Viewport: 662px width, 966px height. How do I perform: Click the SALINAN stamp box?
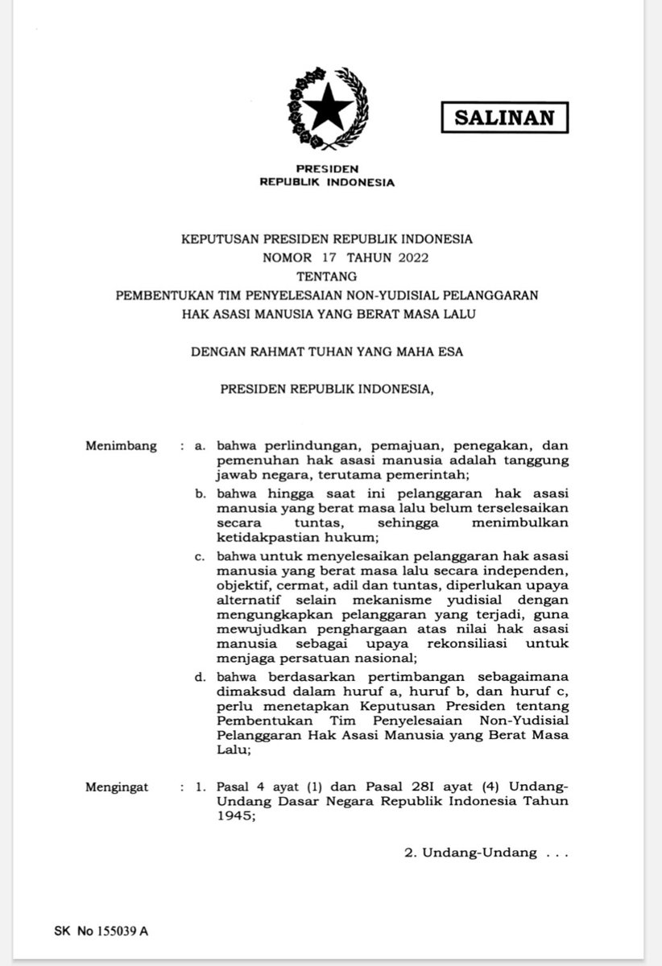pyautogui.click(x=504, y=118)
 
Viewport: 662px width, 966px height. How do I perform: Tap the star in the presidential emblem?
pyautogui.click(x=326, y=107)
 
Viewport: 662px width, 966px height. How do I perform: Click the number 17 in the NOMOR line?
pyautogui.click(x=329, y=258)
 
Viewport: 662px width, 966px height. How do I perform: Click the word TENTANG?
pyautogui.click(x=326, y=276)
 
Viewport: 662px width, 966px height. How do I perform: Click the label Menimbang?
pyautogui.click(x=121, y=447)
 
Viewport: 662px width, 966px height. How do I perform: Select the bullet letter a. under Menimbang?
pyautogui.click(x=201, y=447)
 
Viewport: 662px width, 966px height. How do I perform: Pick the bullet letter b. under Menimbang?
pyautogui.click(x=201, y=493)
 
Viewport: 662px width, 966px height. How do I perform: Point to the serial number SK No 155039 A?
pyautogui.click(x=101, y=931)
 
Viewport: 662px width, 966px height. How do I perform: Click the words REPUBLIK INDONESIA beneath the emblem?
pyautogui.click(x=327, y=182)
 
